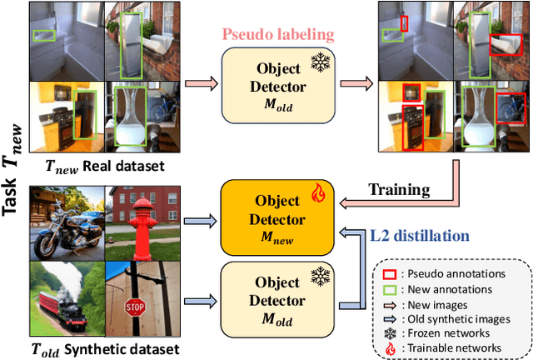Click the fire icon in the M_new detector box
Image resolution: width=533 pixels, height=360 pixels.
pos(317,194)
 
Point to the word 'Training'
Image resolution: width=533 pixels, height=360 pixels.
pos(401,191)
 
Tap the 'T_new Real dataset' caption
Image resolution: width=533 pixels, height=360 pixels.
pos(93,165)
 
